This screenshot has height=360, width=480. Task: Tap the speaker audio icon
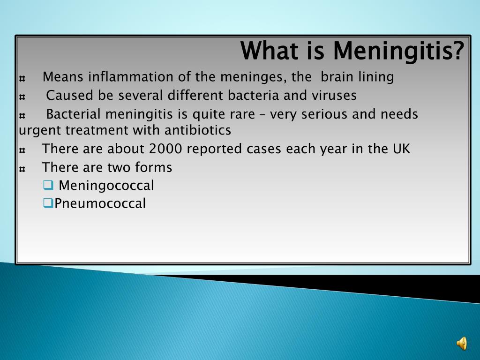462,344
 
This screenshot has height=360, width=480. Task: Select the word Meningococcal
106,186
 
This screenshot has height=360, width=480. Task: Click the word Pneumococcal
100,203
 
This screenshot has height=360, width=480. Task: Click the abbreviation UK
401,149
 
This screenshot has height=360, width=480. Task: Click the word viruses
334,95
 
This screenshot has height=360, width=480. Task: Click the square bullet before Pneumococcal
47,203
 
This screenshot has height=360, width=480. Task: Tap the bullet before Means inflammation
22,77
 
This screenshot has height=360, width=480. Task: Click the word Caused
70,95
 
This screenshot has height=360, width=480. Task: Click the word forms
154,167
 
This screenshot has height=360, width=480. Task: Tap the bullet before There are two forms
22,168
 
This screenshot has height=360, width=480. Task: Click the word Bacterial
74,114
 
